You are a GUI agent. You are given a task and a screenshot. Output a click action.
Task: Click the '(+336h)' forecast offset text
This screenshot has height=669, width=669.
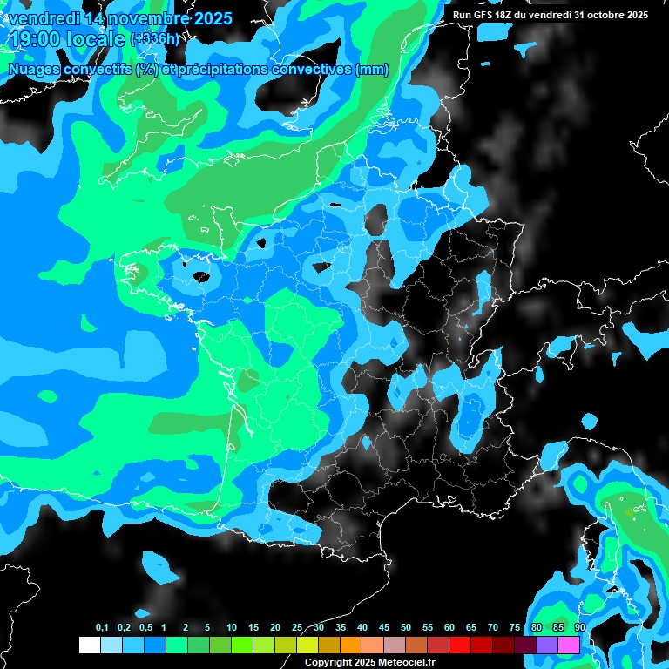tap(156, 39)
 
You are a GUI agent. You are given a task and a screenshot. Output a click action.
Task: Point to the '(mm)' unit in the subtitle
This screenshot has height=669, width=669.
tap(372, 70)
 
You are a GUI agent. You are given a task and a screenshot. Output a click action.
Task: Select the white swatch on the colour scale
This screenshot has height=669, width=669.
tap(89, 645)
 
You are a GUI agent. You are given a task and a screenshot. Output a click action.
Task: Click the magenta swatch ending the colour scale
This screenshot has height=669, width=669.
tap(569, 645)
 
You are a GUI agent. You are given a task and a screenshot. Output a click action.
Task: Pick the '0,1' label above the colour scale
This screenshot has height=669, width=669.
tap(102, 628)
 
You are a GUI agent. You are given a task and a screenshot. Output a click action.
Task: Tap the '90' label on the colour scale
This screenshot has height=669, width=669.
tap(579, 628)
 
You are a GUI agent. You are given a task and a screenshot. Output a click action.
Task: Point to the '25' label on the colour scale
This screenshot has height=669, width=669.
tap(297, 628)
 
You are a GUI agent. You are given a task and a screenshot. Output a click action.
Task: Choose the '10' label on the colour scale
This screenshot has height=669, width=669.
tap(232, 628)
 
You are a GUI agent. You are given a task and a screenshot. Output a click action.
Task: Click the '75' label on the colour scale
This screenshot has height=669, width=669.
tap(515, 628)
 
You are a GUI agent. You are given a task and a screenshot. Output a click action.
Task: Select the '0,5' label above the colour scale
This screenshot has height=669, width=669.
tap(145, 628)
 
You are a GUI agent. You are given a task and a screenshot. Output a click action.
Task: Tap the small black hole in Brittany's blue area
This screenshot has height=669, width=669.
tap(200, 278)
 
